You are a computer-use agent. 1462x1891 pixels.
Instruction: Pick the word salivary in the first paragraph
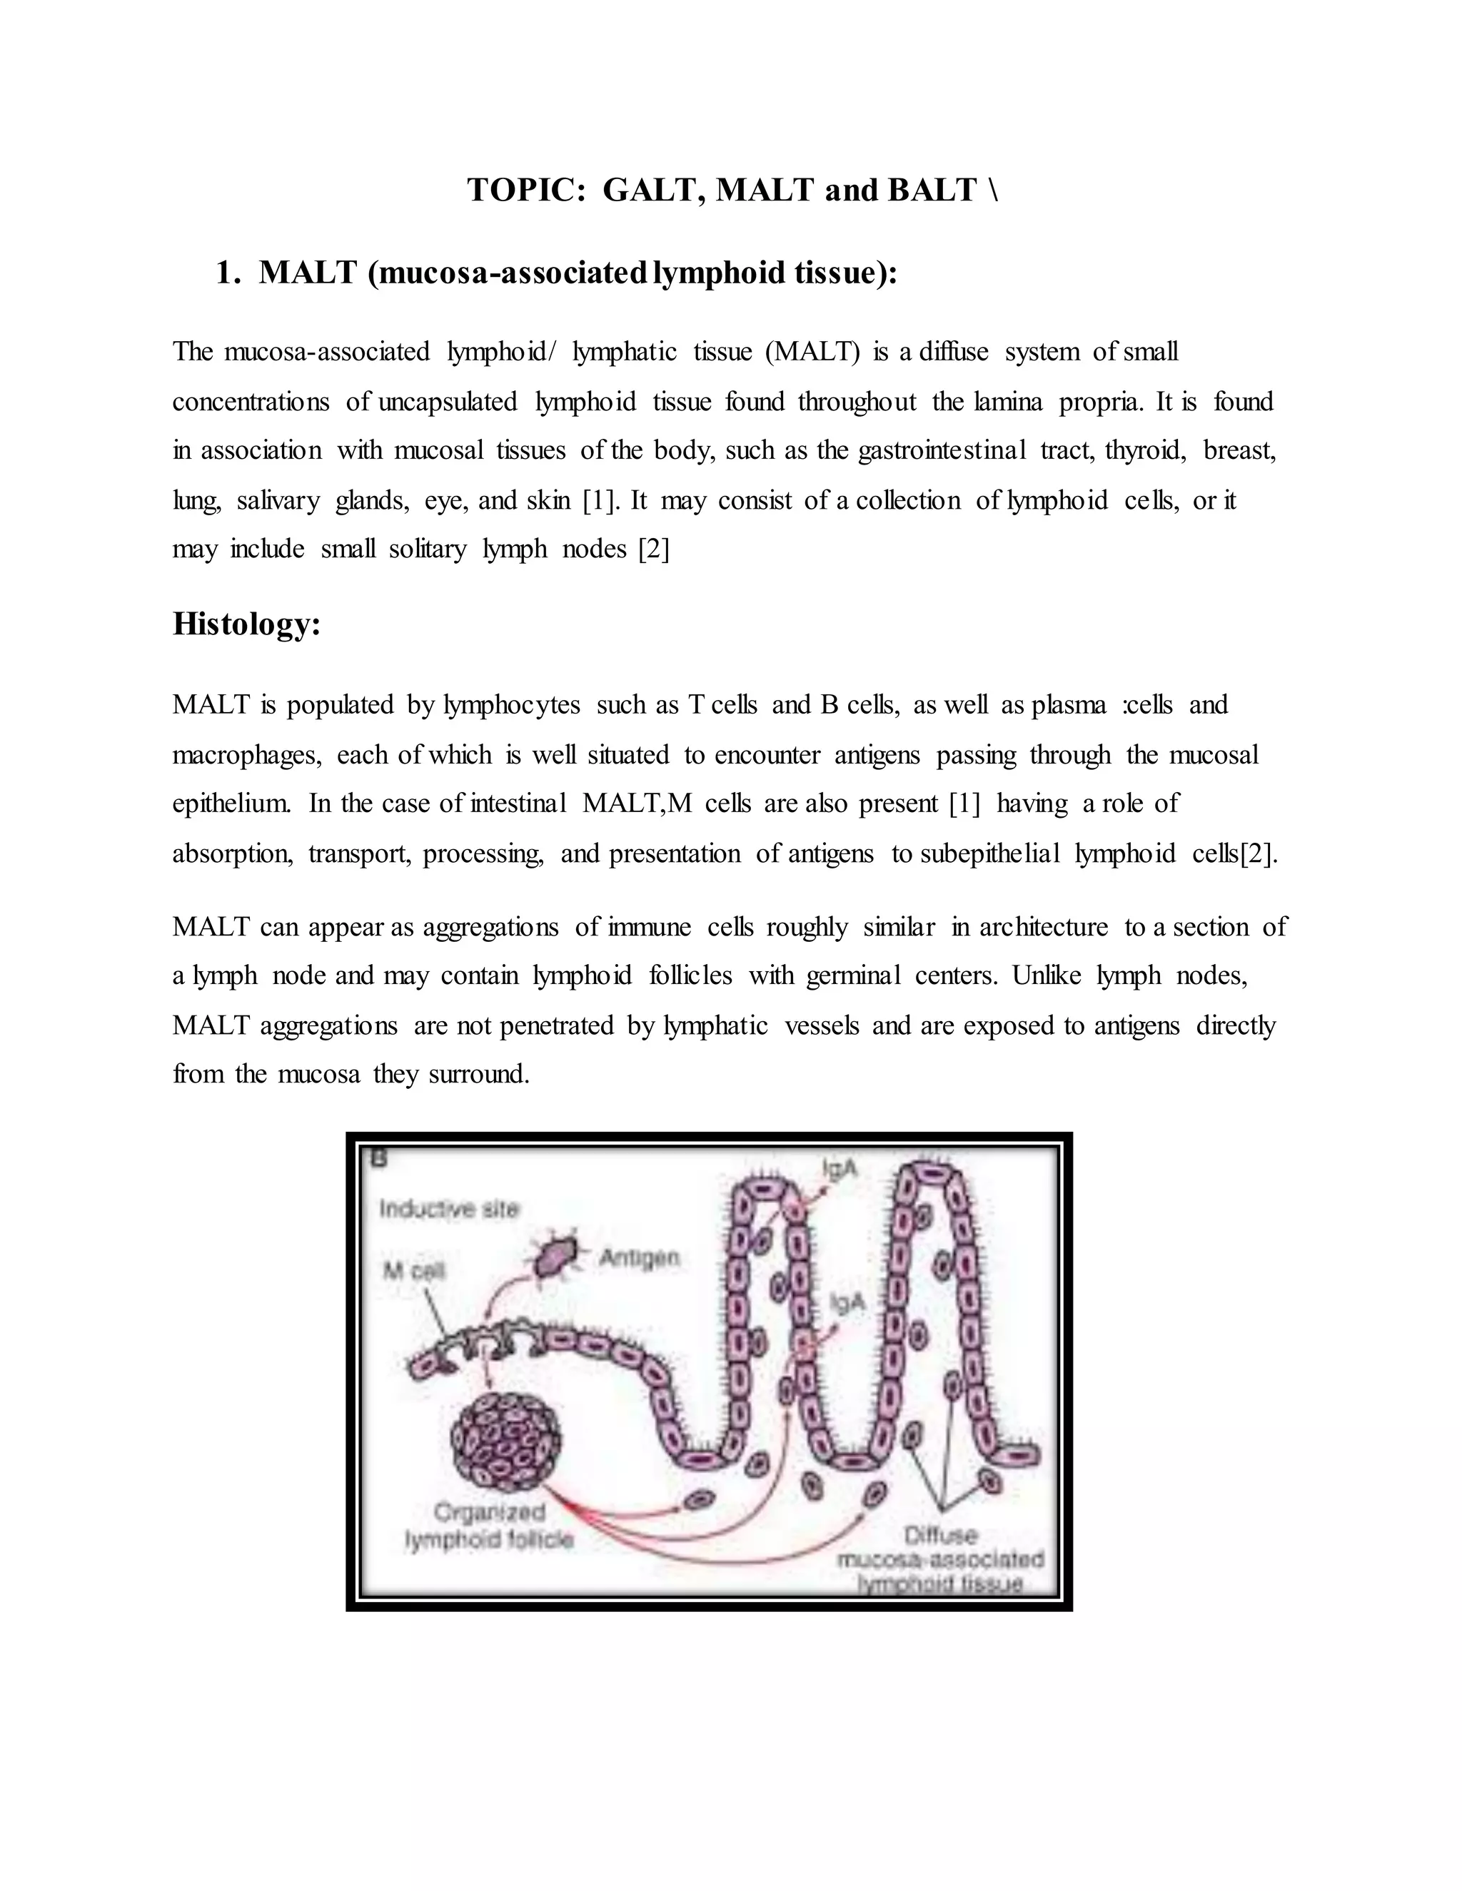pyautogui.click(x=277, y=500)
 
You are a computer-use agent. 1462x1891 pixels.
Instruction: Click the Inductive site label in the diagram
pyautogui.click(x=448, y=1209)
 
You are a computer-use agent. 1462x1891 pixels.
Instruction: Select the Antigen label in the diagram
pyautogui.click(x=639, y=1257)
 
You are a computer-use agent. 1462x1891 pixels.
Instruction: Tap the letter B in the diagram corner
pyautogui.click(x=378, y=1157)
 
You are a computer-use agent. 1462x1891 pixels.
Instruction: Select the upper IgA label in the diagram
pyautogui.click(x=840, y=1169)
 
